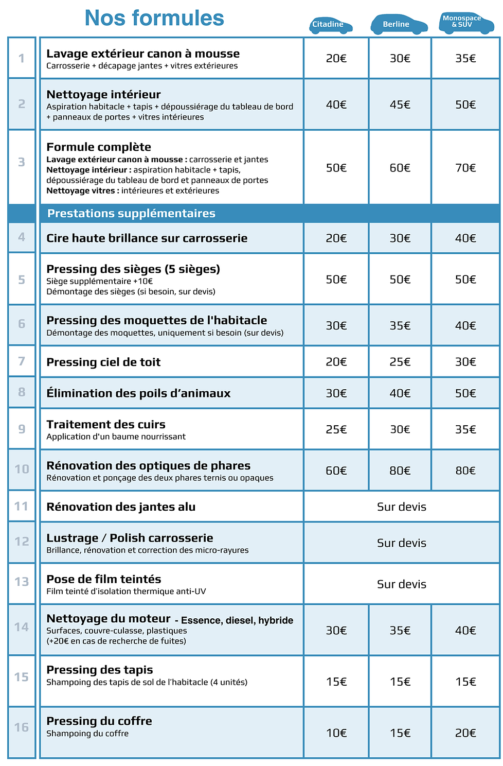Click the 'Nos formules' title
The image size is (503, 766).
click(154, 19)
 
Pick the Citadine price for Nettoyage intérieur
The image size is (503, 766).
click(336, 105)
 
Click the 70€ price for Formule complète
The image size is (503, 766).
click(465, 168)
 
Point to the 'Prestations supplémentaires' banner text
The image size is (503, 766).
click(131, 214)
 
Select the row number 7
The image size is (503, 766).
click(22, 361)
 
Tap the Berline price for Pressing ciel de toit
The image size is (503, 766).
click(400, 362)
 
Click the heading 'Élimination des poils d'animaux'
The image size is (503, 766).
click(138, 393)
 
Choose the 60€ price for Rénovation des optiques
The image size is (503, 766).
click(336, 471)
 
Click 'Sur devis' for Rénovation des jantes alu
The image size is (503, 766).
click(402, 507)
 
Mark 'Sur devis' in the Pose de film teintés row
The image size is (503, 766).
click(402, 584)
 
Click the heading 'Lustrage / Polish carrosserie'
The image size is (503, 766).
click(130, 538)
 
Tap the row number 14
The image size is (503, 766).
click(22, 627)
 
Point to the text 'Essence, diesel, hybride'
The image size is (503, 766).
click(237, 620)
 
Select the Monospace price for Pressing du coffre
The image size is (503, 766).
click(465, 733)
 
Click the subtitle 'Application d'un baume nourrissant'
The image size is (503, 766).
click(116, 437)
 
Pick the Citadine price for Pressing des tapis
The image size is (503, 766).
click(336, 682)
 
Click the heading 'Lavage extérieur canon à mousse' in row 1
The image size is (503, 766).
click(143, 54)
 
